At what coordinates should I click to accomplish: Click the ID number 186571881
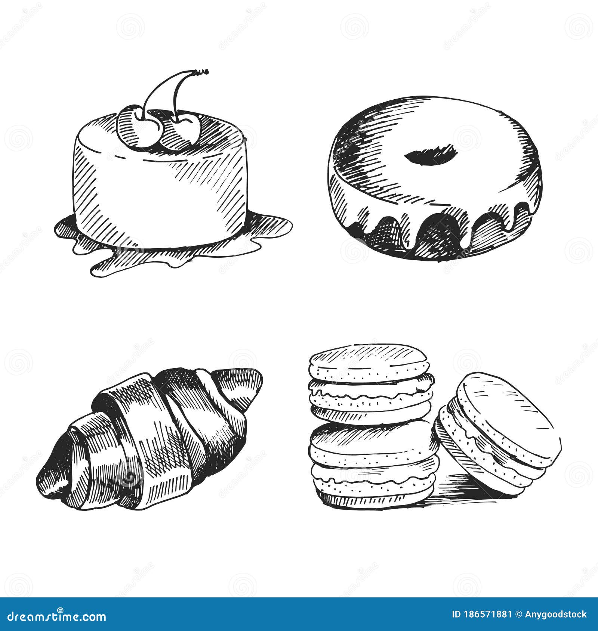click(x=482, y=615)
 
